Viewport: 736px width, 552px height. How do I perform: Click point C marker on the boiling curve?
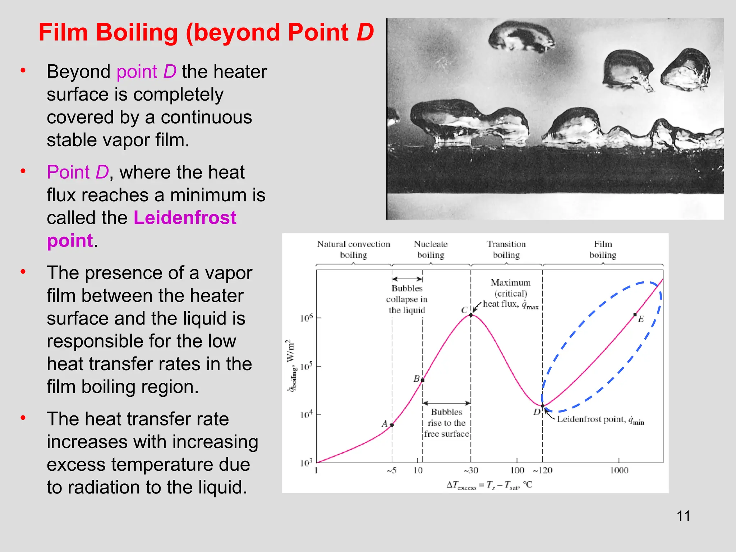point(471,315)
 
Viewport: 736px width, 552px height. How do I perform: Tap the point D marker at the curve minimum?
point(543,406)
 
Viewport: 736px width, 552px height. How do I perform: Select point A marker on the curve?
point(392,425)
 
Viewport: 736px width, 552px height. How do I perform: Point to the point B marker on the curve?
point(423,380)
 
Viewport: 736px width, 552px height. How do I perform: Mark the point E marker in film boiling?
point(635,315)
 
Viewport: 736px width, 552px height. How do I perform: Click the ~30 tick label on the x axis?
point(471,470)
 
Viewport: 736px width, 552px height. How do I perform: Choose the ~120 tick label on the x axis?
point(543,470)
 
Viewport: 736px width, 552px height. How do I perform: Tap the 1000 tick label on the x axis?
point(619,470)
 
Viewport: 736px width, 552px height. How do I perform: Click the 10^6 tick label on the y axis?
point(306,318)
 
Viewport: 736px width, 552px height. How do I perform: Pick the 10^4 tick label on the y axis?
point(306,415)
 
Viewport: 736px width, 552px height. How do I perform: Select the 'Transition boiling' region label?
point(506,249)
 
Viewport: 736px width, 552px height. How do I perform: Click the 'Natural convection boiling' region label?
point(353,249)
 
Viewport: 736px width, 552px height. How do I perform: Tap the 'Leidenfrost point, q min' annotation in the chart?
point(600,420)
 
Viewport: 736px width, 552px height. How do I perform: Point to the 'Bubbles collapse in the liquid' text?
point(407,299)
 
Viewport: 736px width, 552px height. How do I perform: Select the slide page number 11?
point(683,516)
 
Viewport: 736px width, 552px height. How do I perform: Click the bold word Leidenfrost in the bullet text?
point(185,218)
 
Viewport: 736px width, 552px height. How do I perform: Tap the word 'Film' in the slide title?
point(63,32)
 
